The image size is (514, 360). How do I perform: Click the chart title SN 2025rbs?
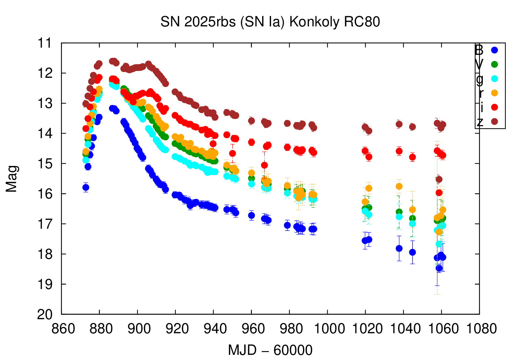pyautogui.click(x=270, y=22)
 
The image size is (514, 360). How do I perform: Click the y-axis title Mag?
pyautogui.click(x=12, y=179)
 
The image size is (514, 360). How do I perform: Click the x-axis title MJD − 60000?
pyautogui.click(x=270, y=350)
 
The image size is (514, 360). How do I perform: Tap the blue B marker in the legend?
pyautogui.click(x=494, y=50)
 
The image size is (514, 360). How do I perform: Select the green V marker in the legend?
pyautogui.click(x=494, y=64)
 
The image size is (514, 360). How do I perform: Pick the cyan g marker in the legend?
pyautogui.click(x=494, y=79)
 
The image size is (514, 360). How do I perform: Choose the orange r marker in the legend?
pyautogui.click(x=494, y=93)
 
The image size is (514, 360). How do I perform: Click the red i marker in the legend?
pyautogui.click(x=494, y=107)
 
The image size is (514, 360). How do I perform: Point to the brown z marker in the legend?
pyautogui.click(x=494, y=121)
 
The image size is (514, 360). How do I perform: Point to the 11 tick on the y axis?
pyautogui.click(x=44, y=43)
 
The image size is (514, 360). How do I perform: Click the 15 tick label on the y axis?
pyautogui.click(x=44, y=164)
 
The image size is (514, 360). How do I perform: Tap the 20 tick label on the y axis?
pyautogui.click(x=44, y=314)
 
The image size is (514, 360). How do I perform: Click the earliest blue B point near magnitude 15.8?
pyautogui.click(x=86, y=187)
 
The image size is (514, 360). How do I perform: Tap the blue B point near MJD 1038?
pyautogui.click(x=399, y=248)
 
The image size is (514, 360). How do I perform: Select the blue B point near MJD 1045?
pyautogui.click(x=412, y=252)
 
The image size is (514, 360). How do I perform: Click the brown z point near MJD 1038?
pyautogui.click(x=399, y=124)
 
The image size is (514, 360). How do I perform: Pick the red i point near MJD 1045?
pyautogui.click(x=412, y=157)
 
